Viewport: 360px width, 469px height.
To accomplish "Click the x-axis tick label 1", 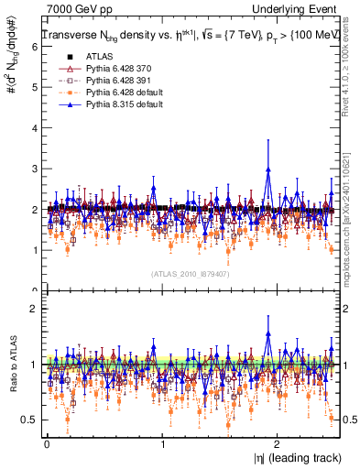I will [x=162, y=444].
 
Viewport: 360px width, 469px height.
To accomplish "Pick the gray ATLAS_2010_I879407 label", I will [x=190, y=273].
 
